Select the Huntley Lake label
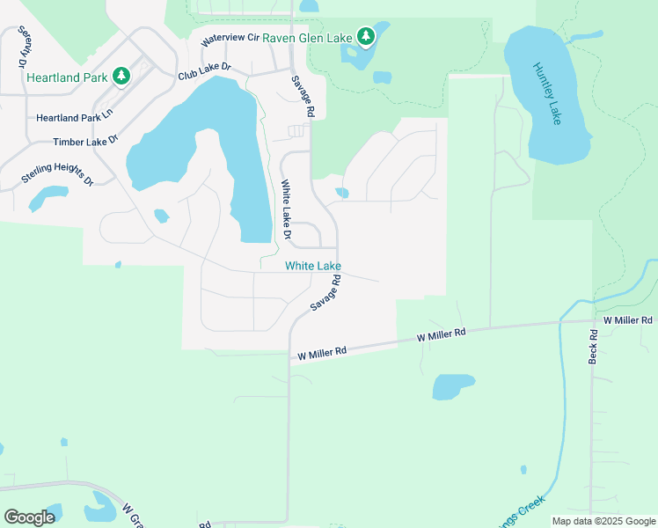point(544,92)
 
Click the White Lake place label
point(312,266)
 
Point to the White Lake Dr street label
point(285,210)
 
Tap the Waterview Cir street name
point(230,39)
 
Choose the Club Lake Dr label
point(204,71)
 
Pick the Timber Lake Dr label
point(85,142)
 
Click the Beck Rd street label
point(593,347)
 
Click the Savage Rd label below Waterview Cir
point(302,96)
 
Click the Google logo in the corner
point(30,517)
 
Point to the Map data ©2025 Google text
point(603,521)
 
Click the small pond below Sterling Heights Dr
point(48,198)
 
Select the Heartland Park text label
point(67,77)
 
